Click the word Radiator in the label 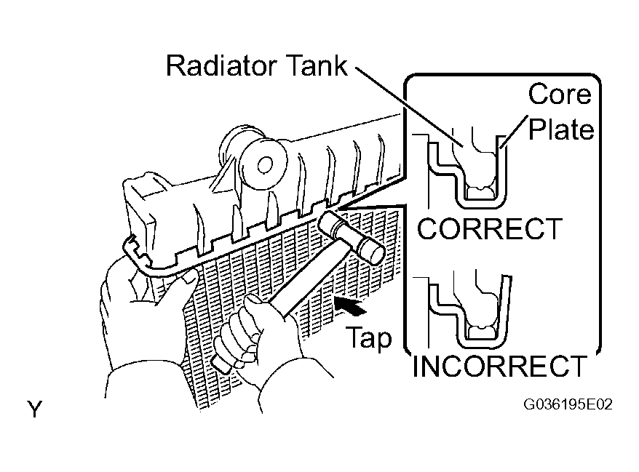[x=222, y=65]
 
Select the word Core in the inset [x=560, y=95]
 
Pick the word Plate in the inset [x=561, y=129]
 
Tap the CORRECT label [x=489, y=229]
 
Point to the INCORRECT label [x=499, y=366]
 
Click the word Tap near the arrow [x=369, y=338]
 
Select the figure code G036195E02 [x=568, y=405]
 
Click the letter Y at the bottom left [x=35, y=409]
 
